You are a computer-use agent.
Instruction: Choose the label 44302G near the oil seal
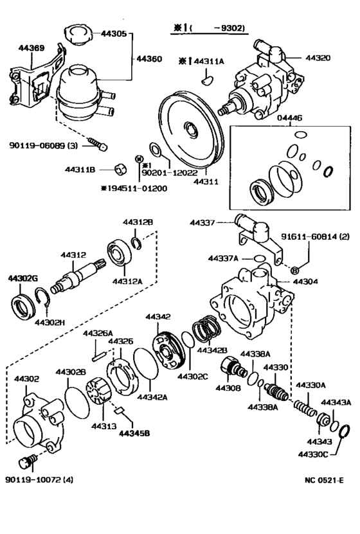click(x=23, y=278)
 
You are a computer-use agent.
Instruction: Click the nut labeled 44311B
click(x=119, y=170)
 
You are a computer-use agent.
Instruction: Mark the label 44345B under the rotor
click(x=133, y=432)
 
